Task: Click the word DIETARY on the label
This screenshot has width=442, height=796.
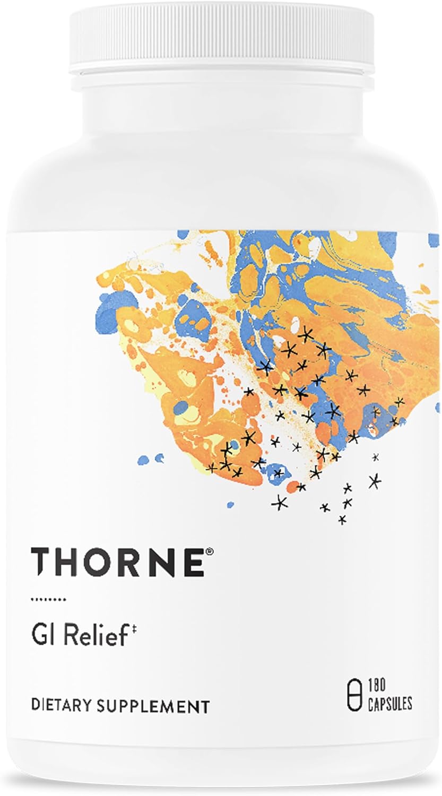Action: tap(62, 706)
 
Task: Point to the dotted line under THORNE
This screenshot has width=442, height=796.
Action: tap(48, 599)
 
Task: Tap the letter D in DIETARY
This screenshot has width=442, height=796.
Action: tap(35, 706)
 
